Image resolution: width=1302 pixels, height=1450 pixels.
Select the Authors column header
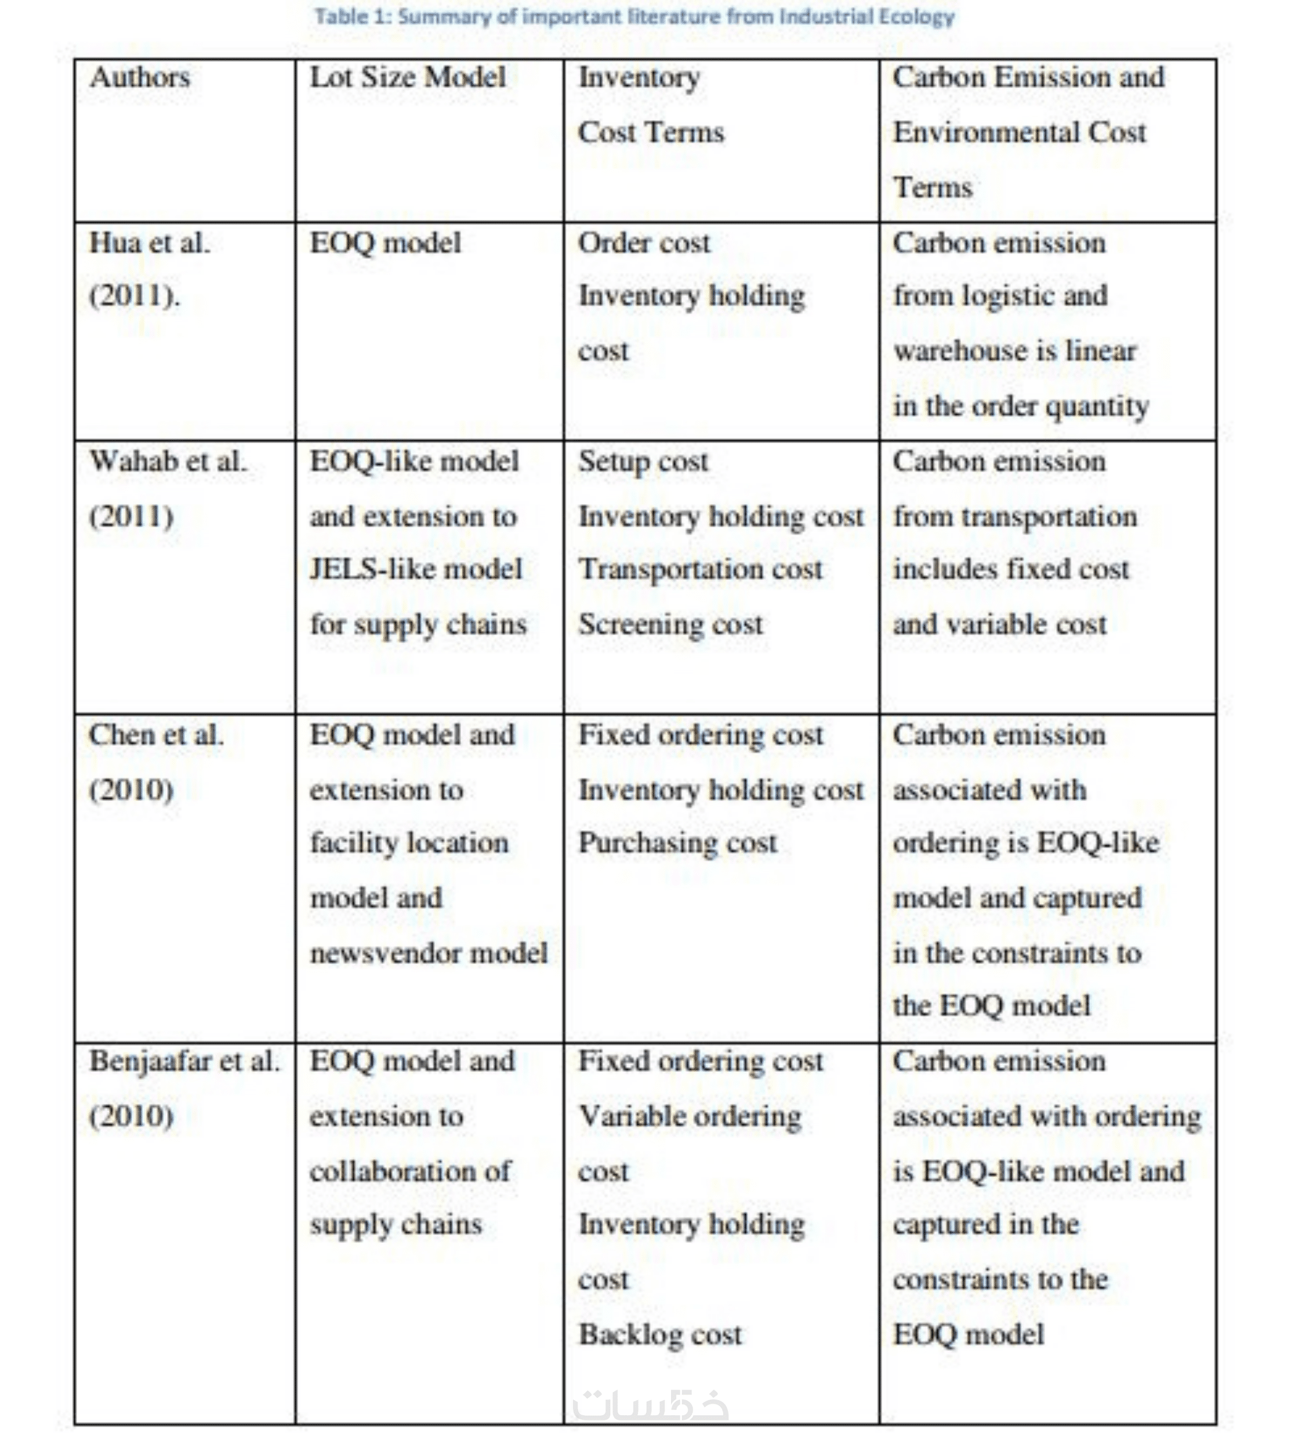(x=140, y=77)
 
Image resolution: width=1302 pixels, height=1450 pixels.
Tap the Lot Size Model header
(x=407, y=77)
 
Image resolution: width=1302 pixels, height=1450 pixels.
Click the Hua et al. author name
(x=150, y=243)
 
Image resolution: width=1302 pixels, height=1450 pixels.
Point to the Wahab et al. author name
(x=168, y=462)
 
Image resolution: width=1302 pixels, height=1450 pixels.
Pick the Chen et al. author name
(x=156, y=735)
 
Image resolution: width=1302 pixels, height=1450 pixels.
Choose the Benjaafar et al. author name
(x=184, y=1061)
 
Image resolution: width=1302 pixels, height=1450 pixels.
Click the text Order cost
(x=644, y=243)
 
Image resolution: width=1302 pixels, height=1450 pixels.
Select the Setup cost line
(x=643, y=462)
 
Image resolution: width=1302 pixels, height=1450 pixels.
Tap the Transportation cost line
(x=701, y=570)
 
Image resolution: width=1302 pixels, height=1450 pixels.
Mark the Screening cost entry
(x=670, y=625)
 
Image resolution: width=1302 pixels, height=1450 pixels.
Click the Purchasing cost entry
(x=677, y=843)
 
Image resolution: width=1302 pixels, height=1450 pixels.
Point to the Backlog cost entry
(x=659, y=1335)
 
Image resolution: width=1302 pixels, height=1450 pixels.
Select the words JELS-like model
(x=416, y=570)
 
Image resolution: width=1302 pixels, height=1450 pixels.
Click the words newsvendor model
(x=429, y=953)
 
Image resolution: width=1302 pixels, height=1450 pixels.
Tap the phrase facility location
(x=408, y=843)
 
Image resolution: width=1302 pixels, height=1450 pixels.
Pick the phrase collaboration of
(x=410, y=1172)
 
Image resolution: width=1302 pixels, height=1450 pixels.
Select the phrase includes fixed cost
(x=1010, y=570)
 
